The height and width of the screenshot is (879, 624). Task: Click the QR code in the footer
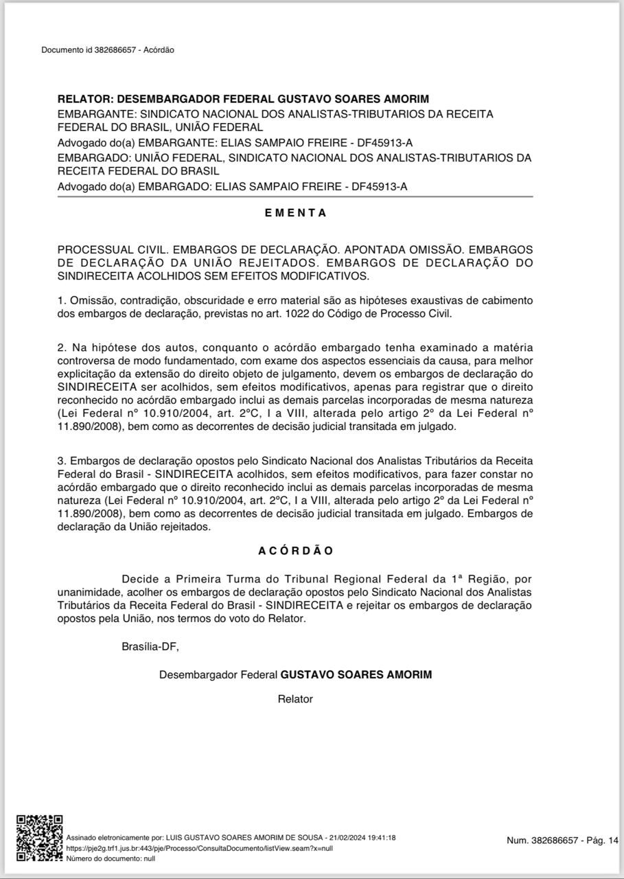tap(40, 838)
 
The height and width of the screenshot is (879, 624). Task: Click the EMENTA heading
tap(295, 213)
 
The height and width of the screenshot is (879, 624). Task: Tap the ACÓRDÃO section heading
tap(295, 551)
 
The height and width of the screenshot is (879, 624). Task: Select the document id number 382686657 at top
tap(117, 50)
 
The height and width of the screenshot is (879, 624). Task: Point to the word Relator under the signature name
tap(295, 699)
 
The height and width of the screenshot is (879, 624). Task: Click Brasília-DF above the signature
tap(150, 646)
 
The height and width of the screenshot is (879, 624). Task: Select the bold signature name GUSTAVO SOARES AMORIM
tap(356, 674)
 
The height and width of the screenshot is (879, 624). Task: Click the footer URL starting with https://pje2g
tap(199, 849)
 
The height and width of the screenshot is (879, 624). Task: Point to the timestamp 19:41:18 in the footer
tap(382, 838)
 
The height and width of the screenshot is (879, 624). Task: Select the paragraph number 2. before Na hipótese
tap(62, 347)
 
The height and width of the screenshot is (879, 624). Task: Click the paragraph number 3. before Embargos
tap(62, 460)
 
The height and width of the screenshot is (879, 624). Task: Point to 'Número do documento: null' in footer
tap(111, 858)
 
